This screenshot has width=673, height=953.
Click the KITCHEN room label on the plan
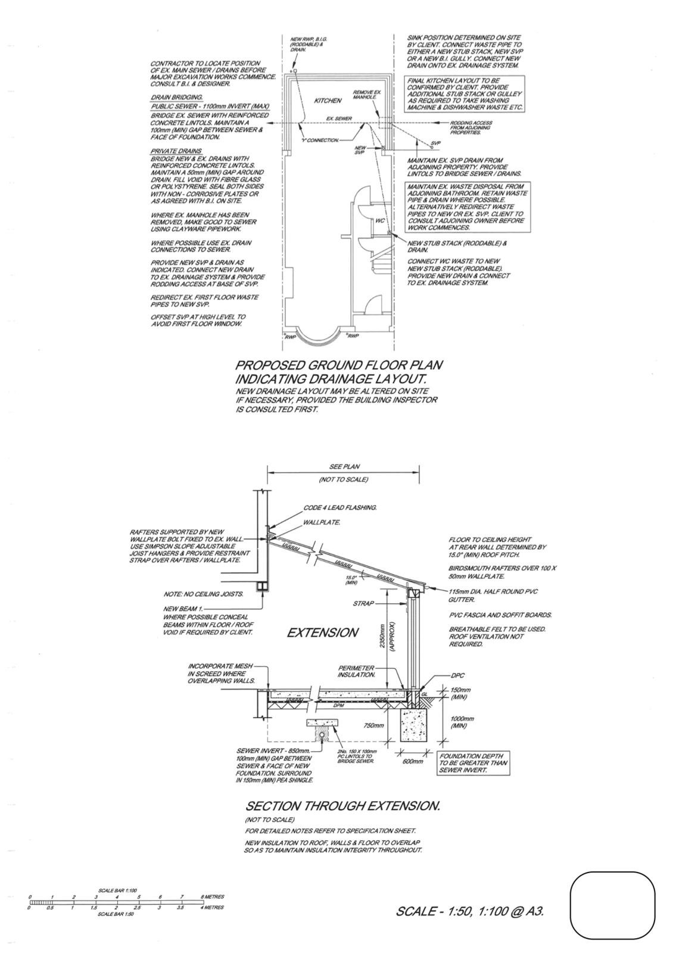pyautogui.click(x=328, y=101)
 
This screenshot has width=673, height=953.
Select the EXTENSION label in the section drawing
pyautogui.click(x=322, y=633)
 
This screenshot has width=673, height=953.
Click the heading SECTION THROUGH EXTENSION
pyautogui.click(x=342, y=806)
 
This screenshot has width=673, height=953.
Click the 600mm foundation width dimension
pyautogui.click(x=412, y=761)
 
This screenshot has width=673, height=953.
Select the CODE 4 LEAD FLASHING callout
pyautogui.click(x=340, y=508)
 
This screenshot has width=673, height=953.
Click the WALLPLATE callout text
pyautogui.click(x=322, y=522)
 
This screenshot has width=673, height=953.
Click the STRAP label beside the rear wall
pyautogui.click(x=363, y=603)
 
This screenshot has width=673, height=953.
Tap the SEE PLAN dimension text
pyautogui.click(x=344, y=467)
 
